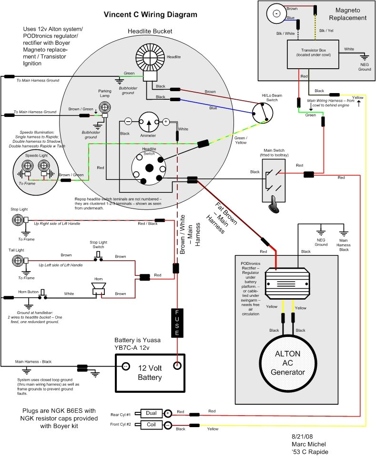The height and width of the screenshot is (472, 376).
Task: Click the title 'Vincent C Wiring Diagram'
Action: tap(150, 14)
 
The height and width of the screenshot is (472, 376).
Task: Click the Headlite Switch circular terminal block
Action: tap(149, 168)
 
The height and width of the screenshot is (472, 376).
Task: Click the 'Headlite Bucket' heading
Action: tap(150, 31)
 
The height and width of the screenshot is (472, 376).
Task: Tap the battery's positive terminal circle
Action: tap(177, 367)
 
